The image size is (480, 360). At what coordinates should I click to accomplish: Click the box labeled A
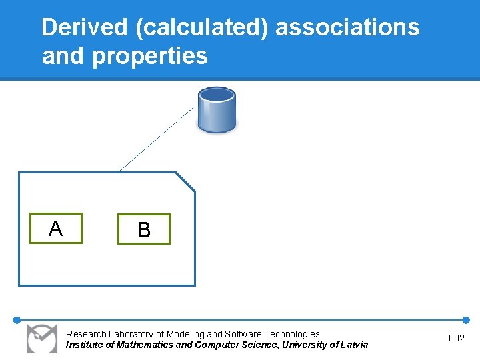coord(56,229)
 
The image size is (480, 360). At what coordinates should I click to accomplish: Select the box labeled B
coord(144,229)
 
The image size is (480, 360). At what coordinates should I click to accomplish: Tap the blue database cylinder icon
coord(217,109)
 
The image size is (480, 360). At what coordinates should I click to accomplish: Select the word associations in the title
coord(347,27)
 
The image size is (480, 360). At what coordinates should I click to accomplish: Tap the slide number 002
coord(457,339)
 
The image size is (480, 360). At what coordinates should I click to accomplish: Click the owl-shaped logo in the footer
coord(42,339)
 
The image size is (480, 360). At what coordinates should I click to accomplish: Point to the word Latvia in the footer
coord(353,345)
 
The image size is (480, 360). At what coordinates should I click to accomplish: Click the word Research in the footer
coord(86,334)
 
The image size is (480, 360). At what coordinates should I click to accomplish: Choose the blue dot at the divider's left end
coord(17,320)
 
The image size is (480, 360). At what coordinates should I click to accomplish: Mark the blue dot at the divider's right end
coord(466,320)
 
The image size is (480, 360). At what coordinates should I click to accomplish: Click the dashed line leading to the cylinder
coord(158,138)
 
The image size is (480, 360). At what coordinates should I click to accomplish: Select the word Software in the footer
coord(243,334)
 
